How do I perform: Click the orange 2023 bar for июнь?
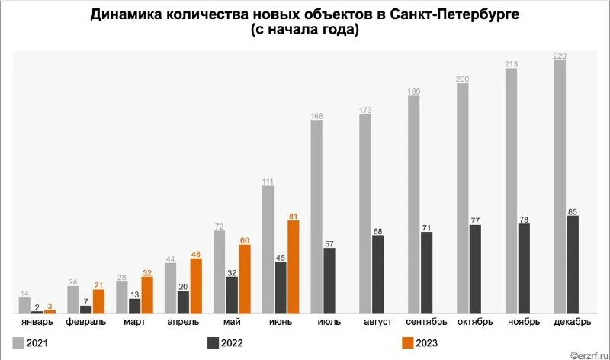coord(293,267)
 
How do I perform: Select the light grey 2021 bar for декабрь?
coord(560,187)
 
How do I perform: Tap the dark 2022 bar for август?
coord(378,275)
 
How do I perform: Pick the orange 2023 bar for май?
coord(245,279)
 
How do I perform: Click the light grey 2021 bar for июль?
coord(316,217)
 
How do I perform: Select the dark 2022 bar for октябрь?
coord(475,269)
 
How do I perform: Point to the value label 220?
coord(560,55)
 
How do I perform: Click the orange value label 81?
coord(293,216)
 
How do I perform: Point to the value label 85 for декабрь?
coord(572,211)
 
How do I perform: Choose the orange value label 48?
coord(196,254)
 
